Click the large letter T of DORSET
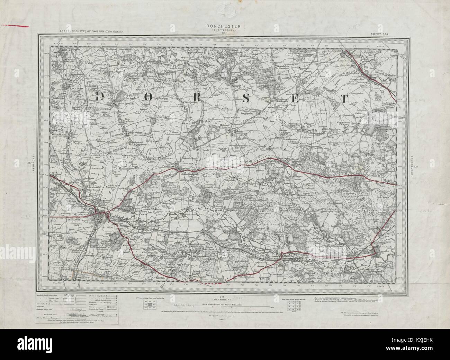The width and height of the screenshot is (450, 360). [345, 99]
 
